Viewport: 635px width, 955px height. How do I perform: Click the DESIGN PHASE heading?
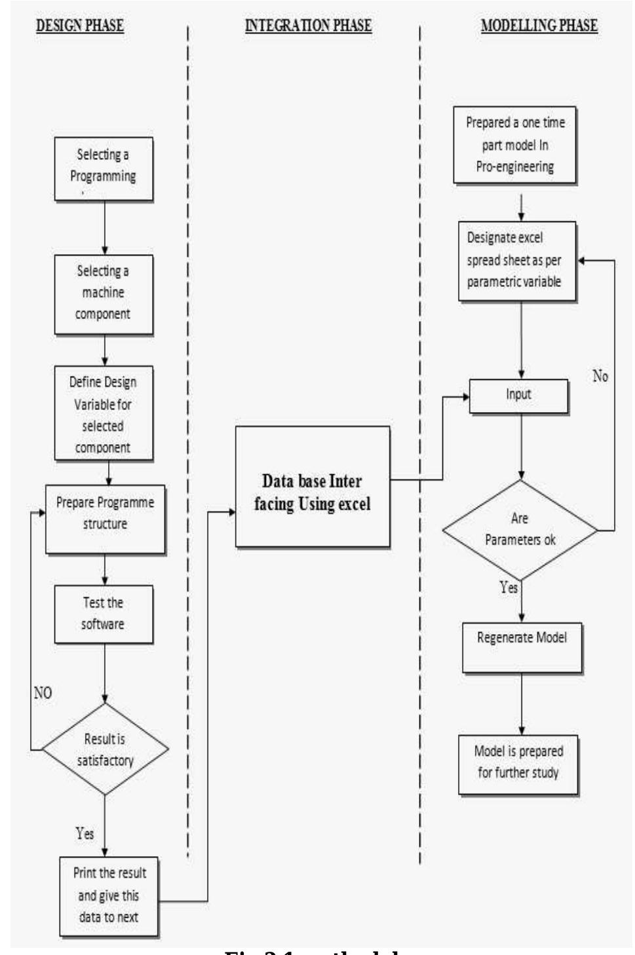click(80, 26)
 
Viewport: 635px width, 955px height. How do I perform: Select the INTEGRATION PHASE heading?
click(308, 26)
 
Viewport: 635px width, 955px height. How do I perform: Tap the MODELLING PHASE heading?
click(539, 26)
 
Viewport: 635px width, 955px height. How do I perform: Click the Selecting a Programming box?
click(104, 168)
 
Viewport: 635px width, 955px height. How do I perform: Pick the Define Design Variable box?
click(104, 413)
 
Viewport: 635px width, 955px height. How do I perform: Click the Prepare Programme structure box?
click(105, 518)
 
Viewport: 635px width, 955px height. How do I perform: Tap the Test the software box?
click(104, 614)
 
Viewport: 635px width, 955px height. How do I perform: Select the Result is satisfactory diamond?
click(105, 749)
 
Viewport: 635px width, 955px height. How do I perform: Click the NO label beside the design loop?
click(43, 693)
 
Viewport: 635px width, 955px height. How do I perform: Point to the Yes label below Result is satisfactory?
click(85, 833)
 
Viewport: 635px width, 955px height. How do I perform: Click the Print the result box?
click(109, 895)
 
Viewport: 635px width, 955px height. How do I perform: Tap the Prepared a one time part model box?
click(515, 144)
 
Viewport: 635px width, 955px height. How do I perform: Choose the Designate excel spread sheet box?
click(517, 261)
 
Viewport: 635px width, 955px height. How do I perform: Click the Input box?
click(518, 396)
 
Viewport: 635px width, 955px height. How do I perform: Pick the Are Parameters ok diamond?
click(520, 529)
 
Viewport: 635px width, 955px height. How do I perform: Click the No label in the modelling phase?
click(600, 376)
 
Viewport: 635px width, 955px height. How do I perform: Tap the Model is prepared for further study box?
click(518, 764)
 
